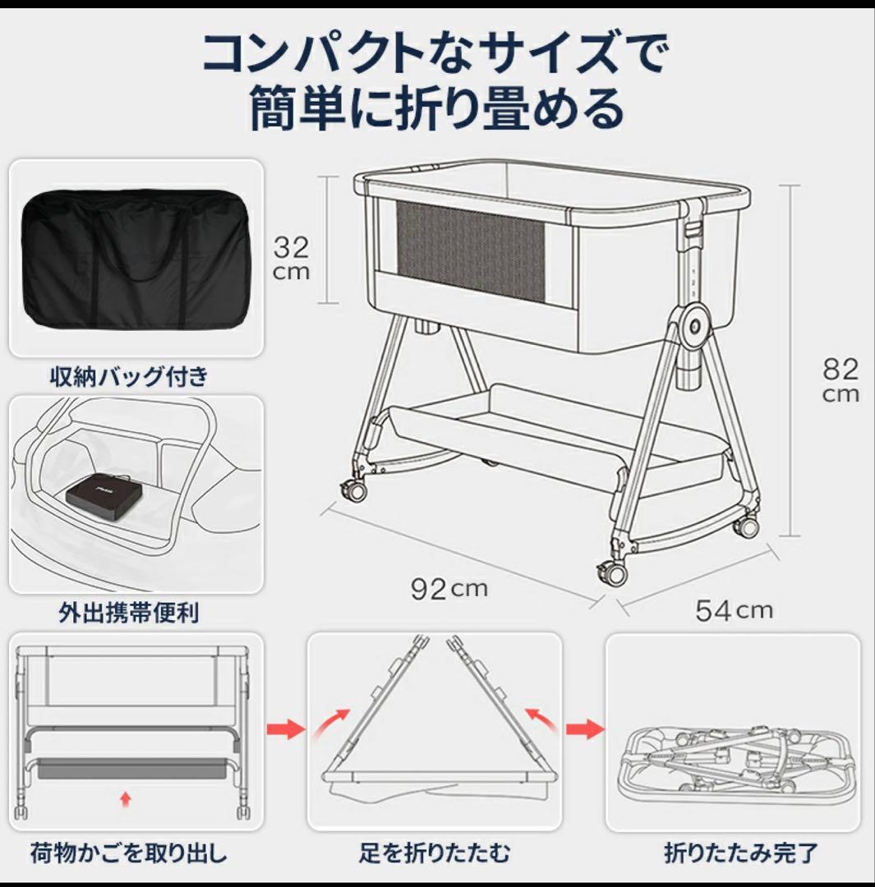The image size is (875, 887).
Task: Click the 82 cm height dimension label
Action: pos(840,379)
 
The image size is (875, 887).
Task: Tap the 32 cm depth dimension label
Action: pos(291,258)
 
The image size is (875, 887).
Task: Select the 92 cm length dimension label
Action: pos(449,588)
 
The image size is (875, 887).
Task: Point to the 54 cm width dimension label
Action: pos(734,609)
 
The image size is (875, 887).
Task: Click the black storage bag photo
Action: pos(136,258)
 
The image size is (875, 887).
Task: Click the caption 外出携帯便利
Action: pos(129,613)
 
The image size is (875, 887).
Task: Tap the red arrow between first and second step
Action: pos(285,728)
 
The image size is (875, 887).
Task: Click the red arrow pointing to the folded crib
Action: pos(584,728)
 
